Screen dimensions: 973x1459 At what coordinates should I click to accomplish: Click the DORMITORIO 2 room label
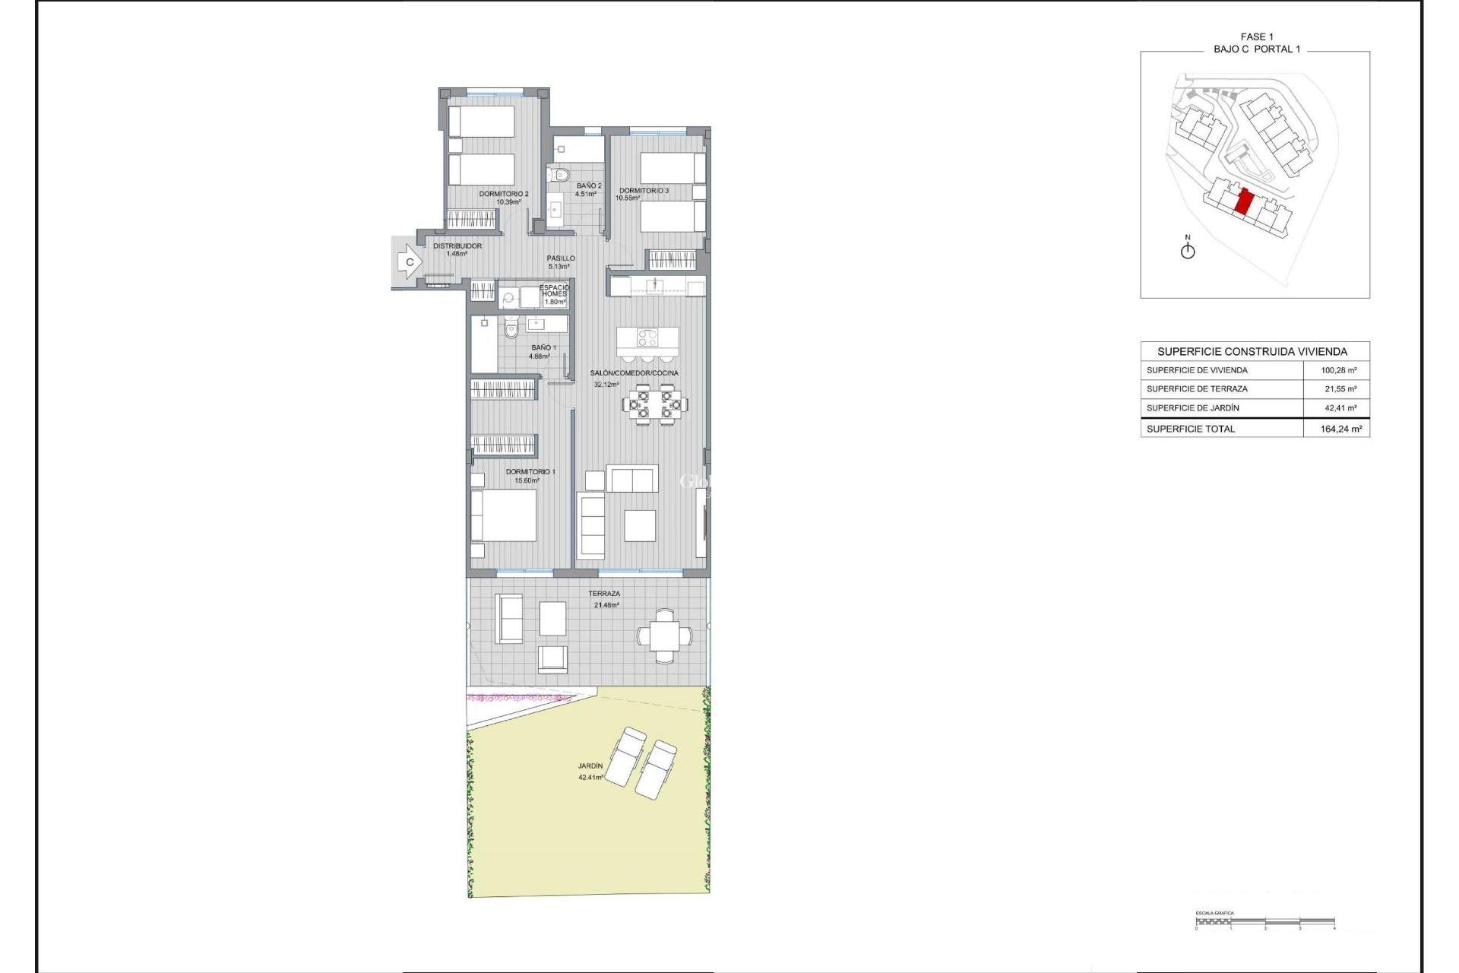point(503,195)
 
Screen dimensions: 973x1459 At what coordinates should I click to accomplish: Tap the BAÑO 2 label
point(588,186)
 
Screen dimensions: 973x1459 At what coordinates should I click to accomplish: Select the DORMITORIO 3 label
point(644,191)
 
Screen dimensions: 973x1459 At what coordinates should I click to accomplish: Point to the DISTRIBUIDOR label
point(457,246)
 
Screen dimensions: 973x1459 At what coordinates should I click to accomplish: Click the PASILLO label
point(561,258)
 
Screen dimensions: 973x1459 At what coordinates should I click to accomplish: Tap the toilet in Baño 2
point(560,175)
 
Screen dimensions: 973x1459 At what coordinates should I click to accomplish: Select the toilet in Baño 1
point(511,329)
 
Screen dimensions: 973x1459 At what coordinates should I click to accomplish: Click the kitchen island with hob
point(647,338)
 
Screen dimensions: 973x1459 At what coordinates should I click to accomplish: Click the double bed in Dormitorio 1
point(503,515)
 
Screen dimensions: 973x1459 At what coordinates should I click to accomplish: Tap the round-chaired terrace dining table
point(664,635)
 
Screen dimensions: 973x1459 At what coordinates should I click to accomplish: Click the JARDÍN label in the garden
point(590,766)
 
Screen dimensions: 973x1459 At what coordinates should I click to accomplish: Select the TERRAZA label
point(604,594)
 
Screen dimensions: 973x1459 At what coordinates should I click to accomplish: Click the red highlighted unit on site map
point(1245,202)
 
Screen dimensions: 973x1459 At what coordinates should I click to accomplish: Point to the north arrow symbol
point(1188,249)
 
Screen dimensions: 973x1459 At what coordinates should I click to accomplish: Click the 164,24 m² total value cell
point(1340,429)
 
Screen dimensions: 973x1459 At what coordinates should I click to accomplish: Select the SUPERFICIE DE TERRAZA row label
point(1197,389)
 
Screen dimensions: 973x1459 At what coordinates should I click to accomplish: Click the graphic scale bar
point(1264,924)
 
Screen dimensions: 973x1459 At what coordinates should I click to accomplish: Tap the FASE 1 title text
point(1257,36)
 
